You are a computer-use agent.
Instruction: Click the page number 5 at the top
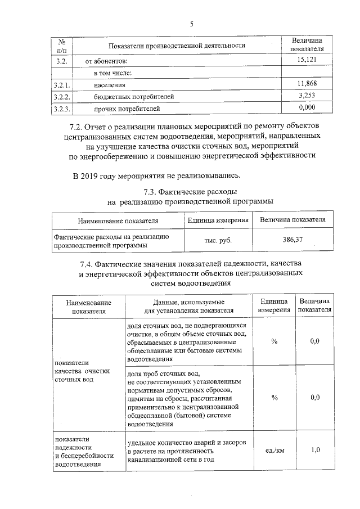click(x=191, y=24)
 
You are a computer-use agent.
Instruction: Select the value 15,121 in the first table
click(x=307, y=60)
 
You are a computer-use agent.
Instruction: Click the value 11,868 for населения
click(x=307, y=84)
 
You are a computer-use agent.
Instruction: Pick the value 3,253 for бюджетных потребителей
click(x=307, y=96)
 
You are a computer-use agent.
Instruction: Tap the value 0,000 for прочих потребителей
click(x=307, y=107)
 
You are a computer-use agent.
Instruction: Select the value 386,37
click(x=292, y=240)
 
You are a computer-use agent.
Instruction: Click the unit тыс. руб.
click(x=218, y=240)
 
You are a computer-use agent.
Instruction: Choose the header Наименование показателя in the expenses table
click(x=118, y=220)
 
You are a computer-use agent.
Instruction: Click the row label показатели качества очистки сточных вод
click(x=82, y=371)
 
